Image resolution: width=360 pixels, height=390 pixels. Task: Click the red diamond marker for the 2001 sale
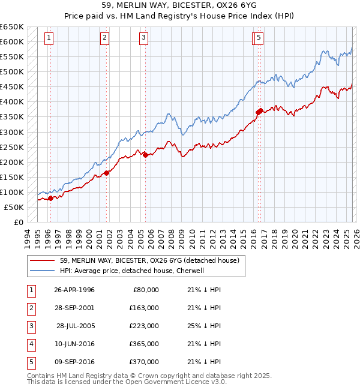pyautogui.click(x=107, y=173)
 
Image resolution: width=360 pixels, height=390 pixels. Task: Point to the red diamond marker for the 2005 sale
pyautogui.click(x=145, y=155)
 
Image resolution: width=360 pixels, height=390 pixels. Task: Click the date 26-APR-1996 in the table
pyautogui.click(x=74, y=290)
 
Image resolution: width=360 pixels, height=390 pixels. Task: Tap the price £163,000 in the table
pyautogui.click(x=145, y=308)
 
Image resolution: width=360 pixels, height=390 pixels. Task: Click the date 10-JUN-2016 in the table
pyautogui.click(x=74, y=344)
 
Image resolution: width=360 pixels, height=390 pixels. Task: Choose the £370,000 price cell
pyautogui.click(x=145, y=362)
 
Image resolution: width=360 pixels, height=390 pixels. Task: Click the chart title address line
pyautogui.click(x=180, y=7)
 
